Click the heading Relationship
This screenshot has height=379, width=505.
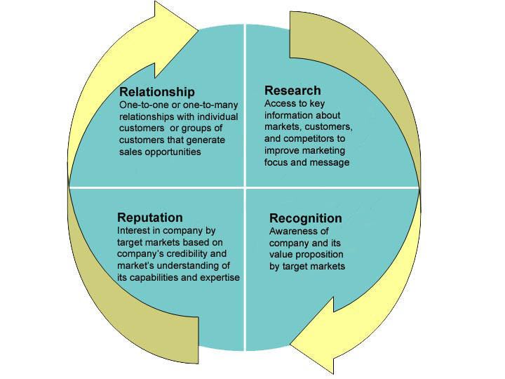157,92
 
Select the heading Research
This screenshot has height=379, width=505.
292,91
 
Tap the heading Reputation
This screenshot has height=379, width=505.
150,218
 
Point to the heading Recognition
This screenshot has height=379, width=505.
305,218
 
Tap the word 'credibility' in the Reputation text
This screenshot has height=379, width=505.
187,254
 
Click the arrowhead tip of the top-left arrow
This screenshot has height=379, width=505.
197,31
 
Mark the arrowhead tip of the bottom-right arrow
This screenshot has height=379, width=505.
290,344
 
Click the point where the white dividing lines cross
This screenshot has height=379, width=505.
245,187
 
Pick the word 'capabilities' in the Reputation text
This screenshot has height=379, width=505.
154,278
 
